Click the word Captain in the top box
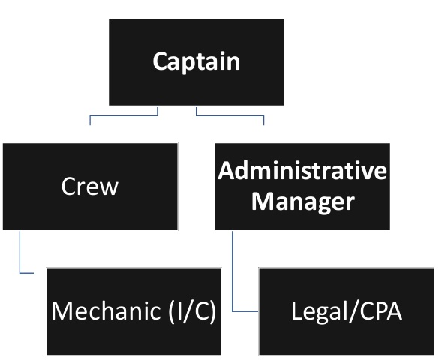pyautogui.click(x=197, y=61)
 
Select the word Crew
pyautogui.click(x=89, y=186)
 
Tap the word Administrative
pyautogui.click(x=302, y=171)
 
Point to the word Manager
pyautogui.click(x=302, y=201)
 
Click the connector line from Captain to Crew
pyautogui.click(x=124, y=116)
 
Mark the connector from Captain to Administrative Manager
pyautogui.click(x=230, y=116)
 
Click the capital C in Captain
pyautogui.click(x=160, y=61)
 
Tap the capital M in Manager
pyautogui.click(x=261, y=201)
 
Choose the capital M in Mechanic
pyautogui.click(x=61, y=310)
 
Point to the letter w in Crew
pyautogui.click(x=110, y=187)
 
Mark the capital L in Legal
pyautogui.click(x=295, y=310)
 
